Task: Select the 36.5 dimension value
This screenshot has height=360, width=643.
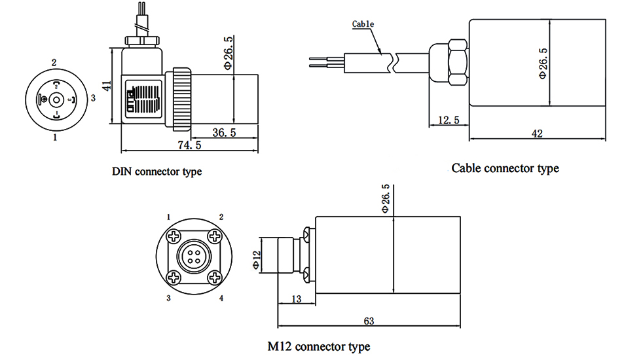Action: tap(225, 132)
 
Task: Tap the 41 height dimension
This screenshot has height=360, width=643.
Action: tap(107, 85)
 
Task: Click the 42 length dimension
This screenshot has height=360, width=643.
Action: tap(537, 133)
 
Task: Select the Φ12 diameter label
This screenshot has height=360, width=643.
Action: tap(257, 260)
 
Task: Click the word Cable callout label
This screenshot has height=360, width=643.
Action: tap(363, 24)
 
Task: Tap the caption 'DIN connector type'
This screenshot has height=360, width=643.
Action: tap(157, 172)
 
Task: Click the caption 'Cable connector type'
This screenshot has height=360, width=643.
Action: tap(505, 168)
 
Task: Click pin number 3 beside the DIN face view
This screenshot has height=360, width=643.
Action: tap(93, 98)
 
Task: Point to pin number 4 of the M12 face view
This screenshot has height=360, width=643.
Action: tap(221, 298)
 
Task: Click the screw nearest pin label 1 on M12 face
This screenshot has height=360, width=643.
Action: tap(174, 236)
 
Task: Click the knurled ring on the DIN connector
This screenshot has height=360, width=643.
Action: tap(180, 99)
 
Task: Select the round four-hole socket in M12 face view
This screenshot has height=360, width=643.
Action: tap(194, 256)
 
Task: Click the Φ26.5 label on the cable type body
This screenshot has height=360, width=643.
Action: tap(543, 63)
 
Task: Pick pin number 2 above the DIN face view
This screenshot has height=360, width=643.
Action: tap(54, 63)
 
